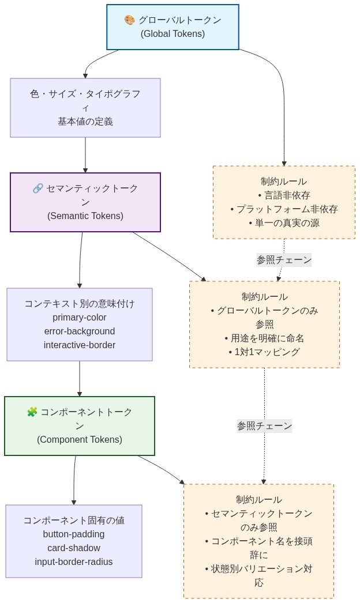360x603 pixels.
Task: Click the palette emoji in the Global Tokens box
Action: point(130,20)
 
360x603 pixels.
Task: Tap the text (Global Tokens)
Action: point(172,34)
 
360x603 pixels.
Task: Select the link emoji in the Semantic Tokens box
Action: point(38,189)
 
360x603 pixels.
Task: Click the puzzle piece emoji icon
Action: point(32,412)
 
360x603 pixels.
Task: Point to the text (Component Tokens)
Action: point(80,440)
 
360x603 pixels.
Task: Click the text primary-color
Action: point(80,318)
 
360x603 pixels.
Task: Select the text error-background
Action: point(80,331)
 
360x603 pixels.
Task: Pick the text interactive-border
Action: point(80,345)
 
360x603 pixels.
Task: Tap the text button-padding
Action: point(74,534)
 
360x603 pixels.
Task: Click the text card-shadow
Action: point(74,548)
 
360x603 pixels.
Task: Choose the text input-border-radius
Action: point(74,562)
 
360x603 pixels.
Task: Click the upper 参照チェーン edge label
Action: point(284,260)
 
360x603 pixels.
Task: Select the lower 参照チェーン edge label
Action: point(264,426)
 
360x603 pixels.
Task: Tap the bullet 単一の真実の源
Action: point(284,223)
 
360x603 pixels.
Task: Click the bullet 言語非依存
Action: point(284,195)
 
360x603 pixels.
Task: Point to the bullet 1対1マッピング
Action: point(264,352)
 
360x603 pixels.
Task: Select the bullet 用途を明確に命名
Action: point(264,338)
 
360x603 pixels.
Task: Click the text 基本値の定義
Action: point(85,122)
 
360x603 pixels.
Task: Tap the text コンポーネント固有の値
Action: point(74,521)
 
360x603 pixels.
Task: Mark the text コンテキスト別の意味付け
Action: point(80,304)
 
